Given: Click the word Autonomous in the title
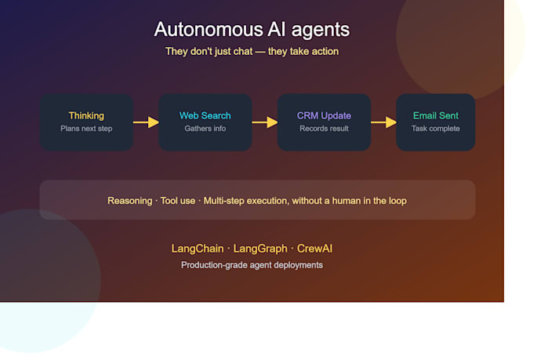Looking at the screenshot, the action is click(x=208, y=29).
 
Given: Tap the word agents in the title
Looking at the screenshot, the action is click(x=321, y=31).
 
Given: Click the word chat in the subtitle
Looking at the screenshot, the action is click(x=243, y=52).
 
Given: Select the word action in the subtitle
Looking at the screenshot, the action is click(x=325, y=52).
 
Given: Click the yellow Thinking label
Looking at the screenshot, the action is click(x=86, y=116).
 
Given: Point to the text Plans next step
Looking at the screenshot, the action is click(x=86, y=129).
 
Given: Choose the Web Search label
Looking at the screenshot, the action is click(x=205, y=116).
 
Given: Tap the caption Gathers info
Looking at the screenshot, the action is click(x=205, y=129).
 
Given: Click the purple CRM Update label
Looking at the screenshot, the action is click(x=324, y=116).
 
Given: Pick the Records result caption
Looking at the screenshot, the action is click(x=324, y=129).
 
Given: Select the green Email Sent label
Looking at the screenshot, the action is click(x=436, y=116).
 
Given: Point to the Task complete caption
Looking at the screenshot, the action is click(x=436, y=129).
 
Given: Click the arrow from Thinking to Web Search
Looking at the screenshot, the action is click(x=146, y=122).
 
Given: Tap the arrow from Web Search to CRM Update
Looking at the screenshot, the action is click(x=265, y=122).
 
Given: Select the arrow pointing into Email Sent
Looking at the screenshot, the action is click(x=383, y=122).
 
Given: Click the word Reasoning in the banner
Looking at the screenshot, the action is click(x=130, y=201).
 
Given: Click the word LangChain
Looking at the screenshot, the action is click(x=198, y=249).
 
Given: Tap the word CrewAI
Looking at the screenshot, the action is click(x=315, y=249).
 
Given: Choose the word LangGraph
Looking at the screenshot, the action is click(x=260, y=249).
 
